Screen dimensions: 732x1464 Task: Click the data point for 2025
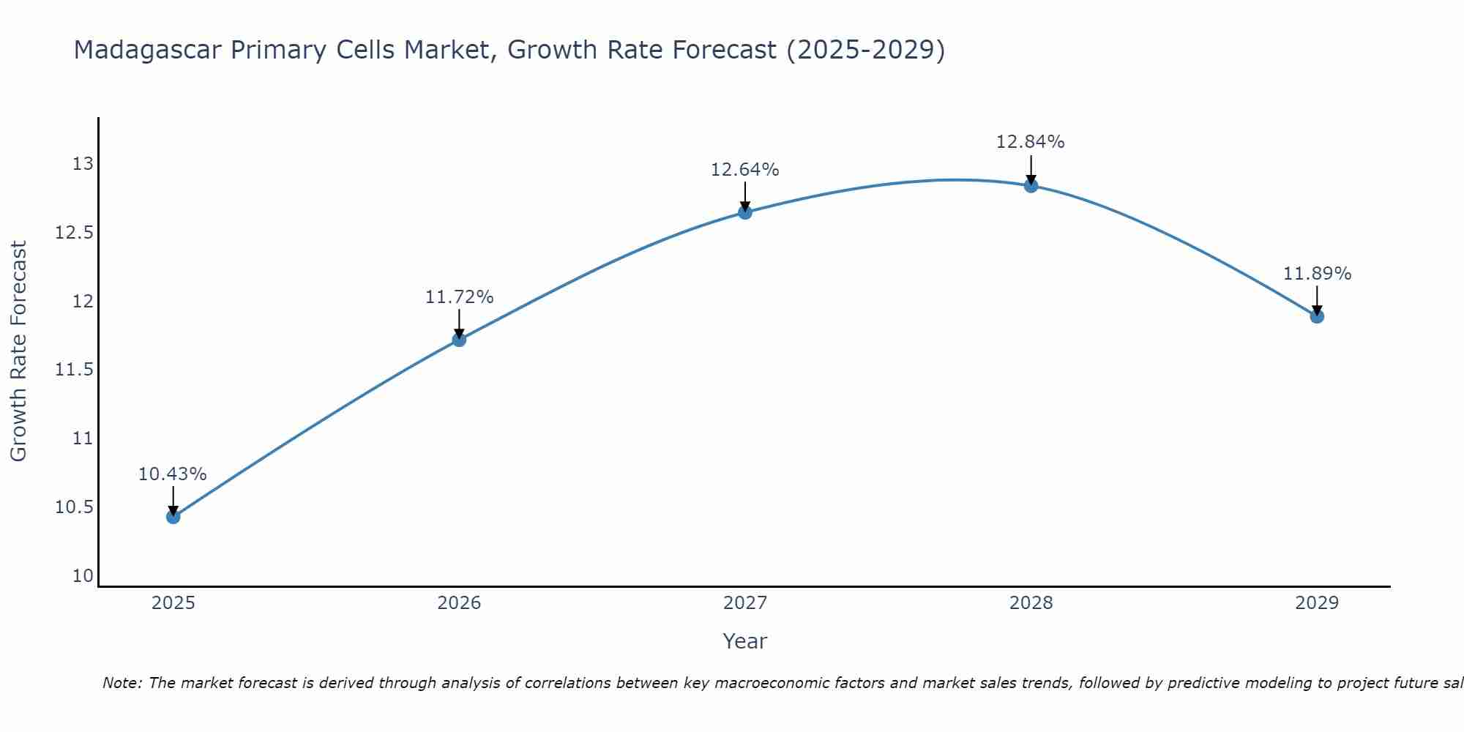[173, 517]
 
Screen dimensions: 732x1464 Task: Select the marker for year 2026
[459, 340]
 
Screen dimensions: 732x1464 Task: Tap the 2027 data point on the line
[745, 212]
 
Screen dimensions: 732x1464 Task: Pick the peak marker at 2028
[1031, 186]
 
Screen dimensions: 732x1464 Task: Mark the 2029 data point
[1317, 316]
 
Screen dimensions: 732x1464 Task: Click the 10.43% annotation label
[173, 474]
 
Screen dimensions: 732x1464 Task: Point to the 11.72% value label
[459, 297]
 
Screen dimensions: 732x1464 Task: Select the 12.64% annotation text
[745, 170]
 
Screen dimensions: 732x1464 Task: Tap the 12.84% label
[1031, 142]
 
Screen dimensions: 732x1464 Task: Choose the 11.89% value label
[1317, 274]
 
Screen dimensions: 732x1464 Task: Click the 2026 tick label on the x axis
[459, 603]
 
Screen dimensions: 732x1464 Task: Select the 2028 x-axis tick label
[1031, 603]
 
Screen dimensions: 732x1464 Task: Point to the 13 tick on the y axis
[83, 163]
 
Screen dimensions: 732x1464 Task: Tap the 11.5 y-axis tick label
[75, 370]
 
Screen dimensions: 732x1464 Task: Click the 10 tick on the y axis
[83, 576]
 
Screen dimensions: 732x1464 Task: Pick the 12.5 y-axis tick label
[75, 233]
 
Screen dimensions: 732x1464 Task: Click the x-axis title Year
[745, 641]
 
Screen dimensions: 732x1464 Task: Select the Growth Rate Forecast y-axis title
[18, 351]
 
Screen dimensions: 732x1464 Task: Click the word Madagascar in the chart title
[147, 51]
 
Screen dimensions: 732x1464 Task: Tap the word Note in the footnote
[122, 683]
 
